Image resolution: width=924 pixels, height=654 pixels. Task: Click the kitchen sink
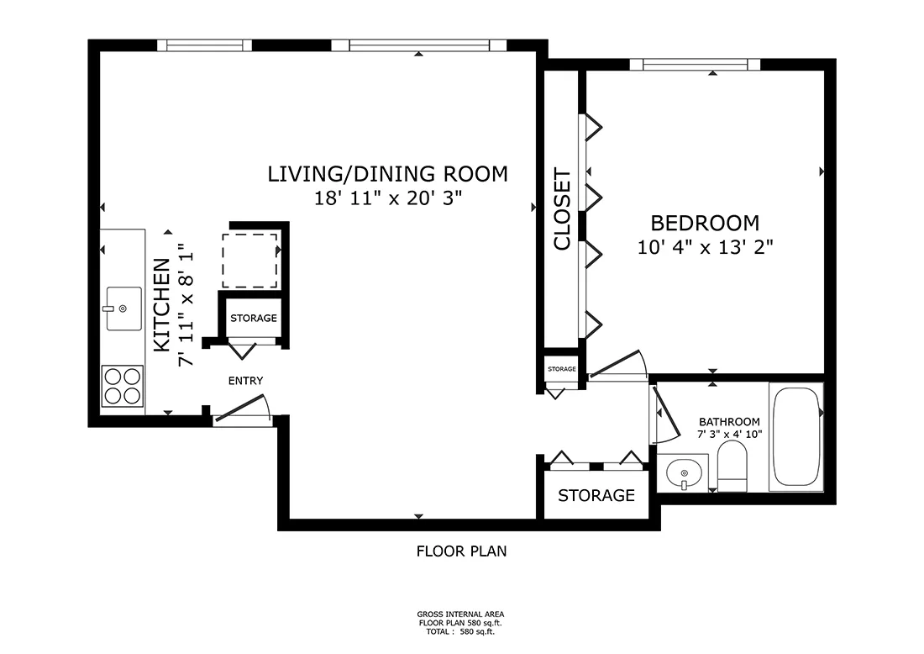123,309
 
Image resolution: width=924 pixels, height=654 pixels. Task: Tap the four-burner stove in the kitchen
123,386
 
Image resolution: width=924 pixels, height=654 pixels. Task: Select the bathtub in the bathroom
796,436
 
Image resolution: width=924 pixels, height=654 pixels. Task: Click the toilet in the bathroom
732,467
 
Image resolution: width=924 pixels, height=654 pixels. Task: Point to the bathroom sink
684,473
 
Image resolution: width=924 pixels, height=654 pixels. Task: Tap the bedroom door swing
618,365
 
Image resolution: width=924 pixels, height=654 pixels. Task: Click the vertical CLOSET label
562,209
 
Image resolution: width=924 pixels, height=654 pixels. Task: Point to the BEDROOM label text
705,223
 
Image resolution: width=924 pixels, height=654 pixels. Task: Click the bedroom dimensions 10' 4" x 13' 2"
705,246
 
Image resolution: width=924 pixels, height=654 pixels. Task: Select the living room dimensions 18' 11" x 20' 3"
387,198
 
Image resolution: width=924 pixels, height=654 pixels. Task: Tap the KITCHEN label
162,305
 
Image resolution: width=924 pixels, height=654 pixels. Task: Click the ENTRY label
246,381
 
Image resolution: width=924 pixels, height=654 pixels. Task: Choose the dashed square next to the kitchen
249,261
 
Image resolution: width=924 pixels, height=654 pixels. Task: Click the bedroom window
695,64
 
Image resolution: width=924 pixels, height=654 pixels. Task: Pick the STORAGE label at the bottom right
596,495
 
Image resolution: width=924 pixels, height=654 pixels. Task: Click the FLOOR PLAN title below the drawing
461,551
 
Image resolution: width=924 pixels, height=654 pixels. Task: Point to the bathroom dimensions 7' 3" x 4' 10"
729,435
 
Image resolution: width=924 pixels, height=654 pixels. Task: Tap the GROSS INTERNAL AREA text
461,614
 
